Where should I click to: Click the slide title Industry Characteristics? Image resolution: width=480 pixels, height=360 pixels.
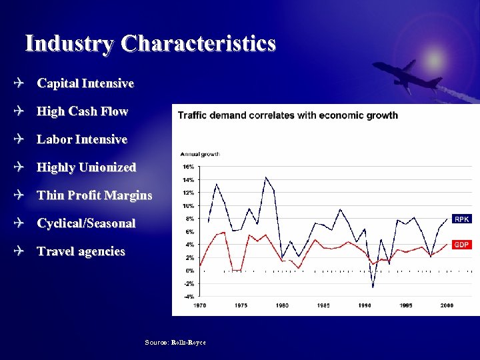pos(150,44)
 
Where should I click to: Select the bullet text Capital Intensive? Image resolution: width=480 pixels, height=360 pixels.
pos(85,83)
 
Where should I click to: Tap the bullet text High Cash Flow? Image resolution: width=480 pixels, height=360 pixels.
pos(82,111)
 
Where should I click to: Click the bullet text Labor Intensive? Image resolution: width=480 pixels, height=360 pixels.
pos(82,139)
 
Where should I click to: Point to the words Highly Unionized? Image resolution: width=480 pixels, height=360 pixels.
pos(86,167)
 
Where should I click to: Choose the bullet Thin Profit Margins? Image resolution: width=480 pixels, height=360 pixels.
pos(94,195)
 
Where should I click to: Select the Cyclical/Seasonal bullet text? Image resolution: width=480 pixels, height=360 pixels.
pos(86,223)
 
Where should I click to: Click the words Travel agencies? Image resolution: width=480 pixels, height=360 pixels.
pos(81,251)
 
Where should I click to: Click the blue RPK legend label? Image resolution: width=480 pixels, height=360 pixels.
pos(462,219)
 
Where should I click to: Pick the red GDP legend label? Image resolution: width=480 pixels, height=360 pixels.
pos(462,245)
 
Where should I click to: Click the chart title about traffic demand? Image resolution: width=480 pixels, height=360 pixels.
pos(287,115)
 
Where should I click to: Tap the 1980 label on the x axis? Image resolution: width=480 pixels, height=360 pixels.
pos(282,305)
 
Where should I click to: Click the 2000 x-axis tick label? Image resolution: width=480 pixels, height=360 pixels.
pos(447,305)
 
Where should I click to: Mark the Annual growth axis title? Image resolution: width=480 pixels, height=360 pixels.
pos(200,154)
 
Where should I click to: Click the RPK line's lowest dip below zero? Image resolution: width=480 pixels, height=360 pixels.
pos(373,287)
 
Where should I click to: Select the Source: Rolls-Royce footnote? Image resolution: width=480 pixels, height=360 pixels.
pos(175,342)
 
